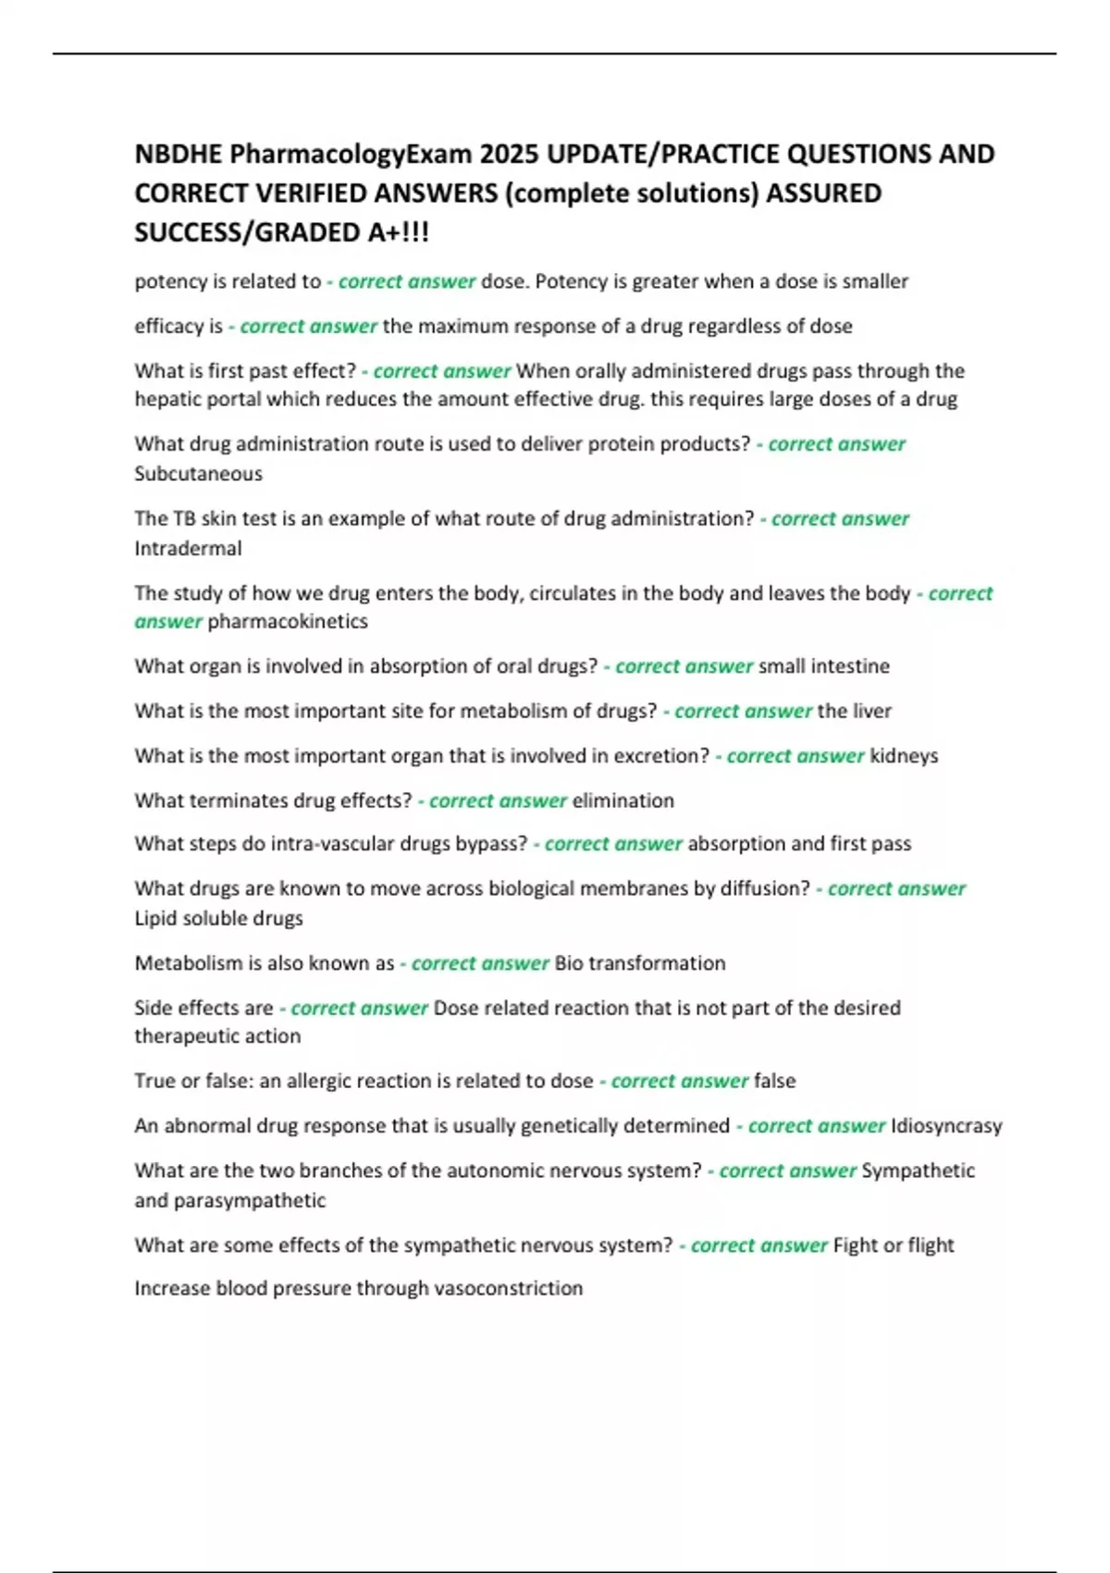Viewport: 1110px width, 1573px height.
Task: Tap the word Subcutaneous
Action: (x=198, y=474)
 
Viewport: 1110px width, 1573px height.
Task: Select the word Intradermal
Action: (x=188, y=549)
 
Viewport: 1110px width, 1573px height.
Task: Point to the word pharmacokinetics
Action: (x=288, y=622)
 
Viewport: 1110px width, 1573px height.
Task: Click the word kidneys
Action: (x=904, y=756)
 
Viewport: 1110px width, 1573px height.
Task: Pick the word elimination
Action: (x=623, y=800)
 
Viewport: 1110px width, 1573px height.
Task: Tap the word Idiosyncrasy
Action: (x=946, y=1126)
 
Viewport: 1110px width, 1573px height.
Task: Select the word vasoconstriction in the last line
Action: (x=509, y=1288)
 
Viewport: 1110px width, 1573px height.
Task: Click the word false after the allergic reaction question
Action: (x=775, y=1081)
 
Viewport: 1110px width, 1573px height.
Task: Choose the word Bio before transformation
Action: (x=569, y=963)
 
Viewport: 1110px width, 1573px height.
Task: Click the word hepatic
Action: (x=166, y=400)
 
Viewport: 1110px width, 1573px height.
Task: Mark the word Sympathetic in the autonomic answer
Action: (x=918, y=1170)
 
